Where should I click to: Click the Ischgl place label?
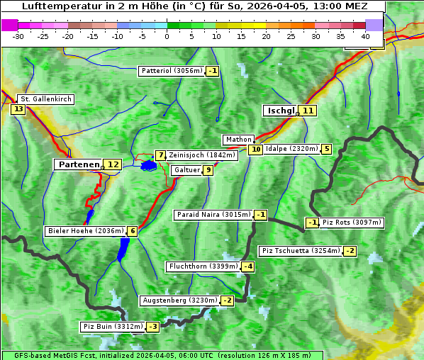281,111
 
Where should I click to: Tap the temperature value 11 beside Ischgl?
307,111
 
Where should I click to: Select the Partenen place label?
79,164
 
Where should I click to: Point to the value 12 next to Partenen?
113,164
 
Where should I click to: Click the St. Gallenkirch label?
45,99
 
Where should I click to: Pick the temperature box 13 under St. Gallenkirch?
18,109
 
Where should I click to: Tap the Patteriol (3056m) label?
172,71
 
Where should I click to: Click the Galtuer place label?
186,170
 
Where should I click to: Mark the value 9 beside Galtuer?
208,170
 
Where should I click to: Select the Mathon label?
238,140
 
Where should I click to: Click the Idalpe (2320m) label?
291,149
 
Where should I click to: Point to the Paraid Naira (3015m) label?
213,215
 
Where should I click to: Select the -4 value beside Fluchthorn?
247,266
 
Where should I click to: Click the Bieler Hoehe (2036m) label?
85,231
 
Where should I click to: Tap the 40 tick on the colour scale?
365,35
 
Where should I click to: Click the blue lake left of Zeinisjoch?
148,166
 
